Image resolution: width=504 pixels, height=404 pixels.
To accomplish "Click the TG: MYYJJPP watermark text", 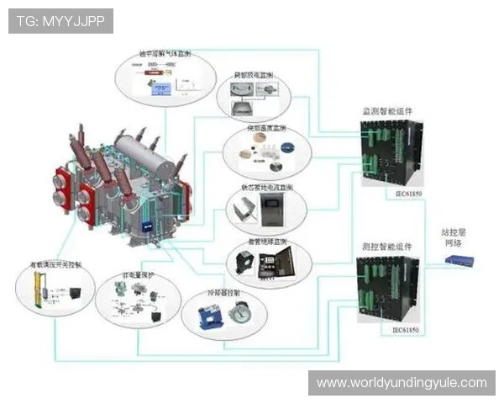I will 61,21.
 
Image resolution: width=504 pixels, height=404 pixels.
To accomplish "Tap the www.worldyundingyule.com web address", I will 401,383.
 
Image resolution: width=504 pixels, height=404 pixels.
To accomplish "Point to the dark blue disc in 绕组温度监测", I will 288,148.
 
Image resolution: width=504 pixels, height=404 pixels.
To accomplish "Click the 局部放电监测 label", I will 259,76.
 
